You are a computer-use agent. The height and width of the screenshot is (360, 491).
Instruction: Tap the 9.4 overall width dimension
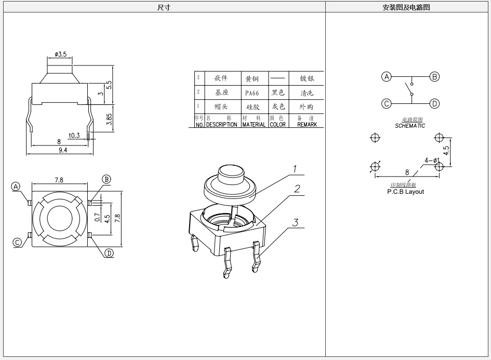click(x=63, y=150)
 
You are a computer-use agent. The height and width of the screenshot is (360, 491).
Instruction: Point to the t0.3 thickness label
click(x=74, y=136)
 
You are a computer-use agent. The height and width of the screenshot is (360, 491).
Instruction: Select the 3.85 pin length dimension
click(x=109, y=119)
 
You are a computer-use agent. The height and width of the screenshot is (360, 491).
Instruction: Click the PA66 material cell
click(x=252, y=93)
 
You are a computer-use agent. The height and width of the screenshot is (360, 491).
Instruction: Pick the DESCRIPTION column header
click(x=221, y=125)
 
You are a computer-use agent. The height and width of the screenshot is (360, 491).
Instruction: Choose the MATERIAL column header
click(x=254, y=125)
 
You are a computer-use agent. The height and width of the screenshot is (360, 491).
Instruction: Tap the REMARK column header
click(x=307, y=125)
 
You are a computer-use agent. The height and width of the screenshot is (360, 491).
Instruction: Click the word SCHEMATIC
click(x=410, y=126)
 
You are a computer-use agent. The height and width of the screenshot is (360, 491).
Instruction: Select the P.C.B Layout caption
click(x=405, y=192)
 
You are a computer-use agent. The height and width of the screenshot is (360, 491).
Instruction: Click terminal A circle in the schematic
click(x=386, y=77)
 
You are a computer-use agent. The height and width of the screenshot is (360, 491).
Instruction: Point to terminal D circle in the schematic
click(x=434, y=103)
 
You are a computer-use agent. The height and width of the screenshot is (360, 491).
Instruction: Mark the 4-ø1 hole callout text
click(x=432, y=160)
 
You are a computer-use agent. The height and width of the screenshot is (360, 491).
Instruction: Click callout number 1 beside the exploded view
click(x=294, y=169)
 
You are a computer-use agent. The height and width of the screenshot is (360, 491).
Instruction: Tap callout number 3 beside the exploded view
click(x=295, y=223)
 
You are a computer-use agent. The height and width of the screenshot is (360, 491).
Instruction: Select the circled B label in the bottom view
click(x=106, y=179)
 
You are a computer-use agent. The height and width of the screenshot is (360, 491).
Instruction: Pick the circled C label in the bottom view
click(x=17, y=242)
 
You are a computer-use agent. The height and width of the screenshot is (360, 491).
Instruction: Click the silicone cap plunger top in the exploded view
click(x=231, y=172)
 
